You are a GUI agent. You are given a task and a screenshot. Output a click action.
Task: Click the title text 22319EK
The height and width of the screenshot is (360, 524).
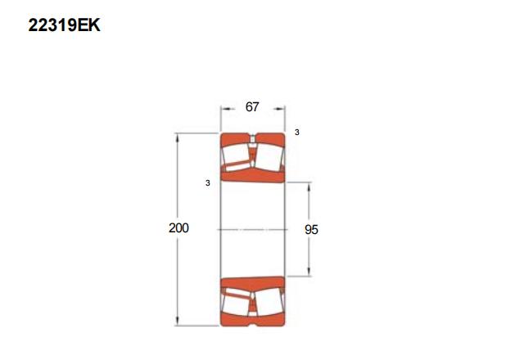pos(64,25)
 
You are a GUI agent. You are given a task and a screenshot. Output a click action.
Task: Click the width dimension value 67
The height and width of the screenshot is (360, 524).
pos(252,107)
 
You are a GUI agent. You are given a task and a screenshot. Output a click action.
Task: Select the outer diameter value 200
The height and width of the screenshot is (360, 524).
pos(178,227)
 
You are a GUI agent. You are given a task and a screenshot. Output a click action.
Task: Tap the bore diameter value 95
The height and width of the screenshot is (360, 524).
pos(311,229)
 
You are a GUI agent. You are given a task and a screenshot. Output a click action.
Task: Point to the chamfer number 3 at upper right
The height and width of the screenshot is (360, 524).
pos(296,133)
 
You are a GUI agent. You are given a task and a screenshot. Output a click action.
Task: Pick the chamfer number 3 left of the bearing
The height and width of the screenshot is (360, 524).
pos(208,183)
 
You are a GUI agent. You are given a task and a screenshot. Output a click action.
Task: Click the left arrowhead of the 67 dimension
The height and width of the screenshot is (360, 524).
pos(226,109)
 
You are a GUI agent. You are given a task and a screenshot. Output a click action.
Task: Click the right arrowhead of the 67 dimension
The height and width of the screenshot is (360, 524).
pos(280,109)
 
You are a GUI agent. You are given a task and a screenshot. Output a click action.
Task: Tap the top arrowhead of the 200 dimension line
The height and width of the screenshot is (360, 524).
pos(177,138)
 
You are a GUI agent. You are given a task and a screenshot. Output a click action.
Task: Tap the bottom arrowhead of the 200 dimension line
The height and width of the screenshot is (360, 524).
pos(177,320)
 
